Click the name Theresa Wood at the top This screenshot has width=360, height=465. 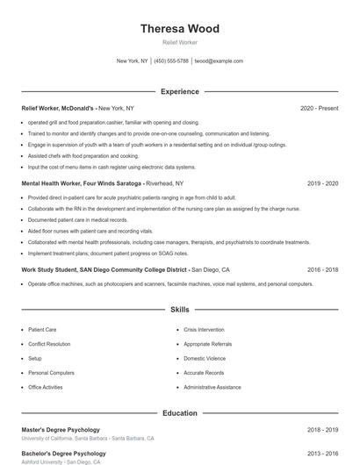180,28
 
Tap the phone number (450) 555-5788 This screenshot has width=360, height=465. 171,61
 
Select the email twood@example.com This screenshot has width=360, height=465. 219,61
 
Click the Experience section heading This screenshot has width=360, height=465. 180,91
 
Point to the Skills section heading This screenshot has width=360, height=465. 180,310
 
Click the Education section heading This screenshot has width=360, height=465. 180,412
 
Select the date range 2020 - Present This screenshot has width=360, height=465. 319,108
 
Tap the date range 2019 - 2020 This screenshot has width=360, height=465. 322,183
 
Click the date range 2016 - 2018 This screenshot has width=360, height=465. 322,270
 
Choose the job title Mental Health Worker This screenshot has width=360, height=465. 54,183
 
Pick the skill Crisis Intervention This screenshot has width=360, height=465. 204,330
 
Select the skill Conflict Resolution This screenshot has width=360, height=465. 49,344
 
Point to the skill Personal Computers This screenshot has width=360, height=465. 51,372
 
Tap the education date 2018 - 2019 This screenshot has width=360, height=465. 322,430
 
